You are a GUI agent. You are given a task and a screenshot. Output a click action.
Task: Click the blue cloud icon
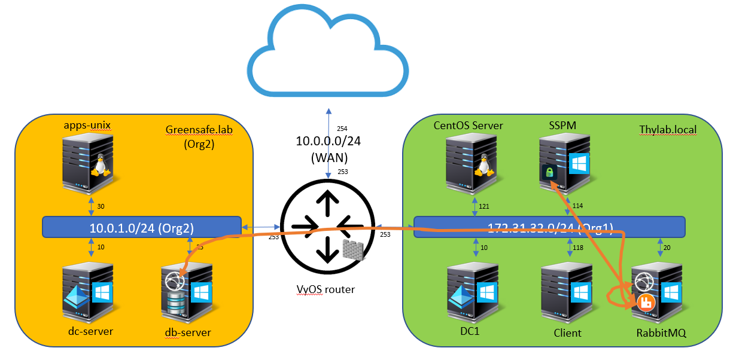[x=329, y=51]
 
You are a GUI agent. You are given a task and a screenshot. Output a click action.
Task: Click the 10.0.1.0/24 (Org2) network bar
[x=141, y=227]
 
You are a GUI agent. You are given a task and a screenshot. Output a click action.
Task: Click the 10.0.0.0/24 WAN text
[x=327, y=149]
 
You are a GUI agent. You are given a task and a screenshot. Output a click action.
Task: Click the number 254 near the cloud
[x=342, y=129]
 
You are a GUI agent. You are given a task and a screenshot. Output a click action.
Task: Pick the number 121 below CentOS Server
[x=484, y=206]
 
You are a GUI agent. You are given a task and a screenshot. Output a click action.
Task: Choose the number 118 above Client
[x=577, y=248]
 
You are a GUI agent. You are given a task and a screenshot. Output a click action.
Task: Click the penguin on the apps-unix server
[x=100, y=164]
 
